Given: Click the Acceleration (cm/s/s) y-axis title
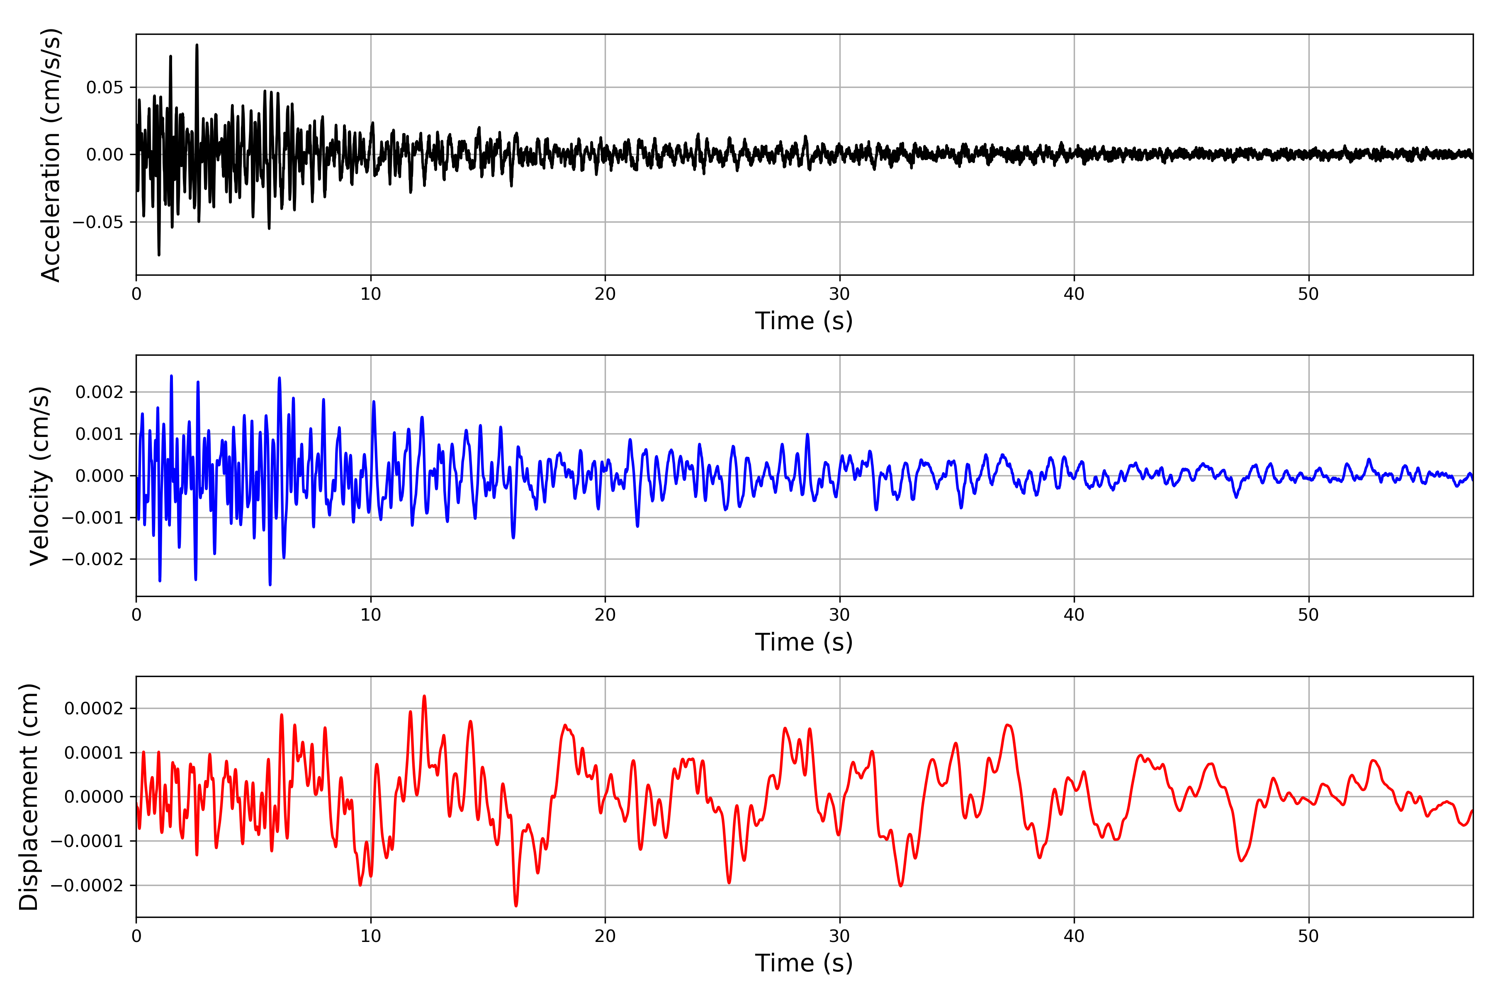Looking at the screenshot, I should pos(50,154).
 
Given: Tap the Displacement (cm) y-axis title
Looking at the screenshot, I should pos(29,796).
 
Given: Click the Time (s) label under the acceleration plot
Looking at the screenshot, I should pos(804,321).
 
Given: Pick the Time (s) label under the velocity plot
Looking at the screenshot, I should pos(804,642).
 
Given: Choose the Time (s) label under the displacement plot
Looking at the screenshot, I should pos(804,963).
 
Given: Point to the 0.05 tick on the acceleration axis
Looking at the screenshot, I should pos(105,87).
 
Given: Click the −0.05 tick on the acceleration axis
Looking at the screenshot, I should pos(98,222).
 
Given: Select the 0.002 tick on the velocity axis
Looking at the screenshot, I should pos(99,392).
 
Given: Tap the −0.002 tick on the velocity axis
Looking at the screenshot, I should pos(92,559).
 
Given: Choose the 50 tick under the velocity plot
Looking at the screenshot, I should pos(1308,615).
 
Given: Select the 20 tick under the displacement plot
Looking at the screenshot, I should pos(605,936).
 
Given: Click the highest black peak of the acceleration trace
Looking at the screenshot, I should pos(197,45).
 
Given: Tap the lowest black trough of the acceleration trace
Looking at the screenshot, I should pos(159,255).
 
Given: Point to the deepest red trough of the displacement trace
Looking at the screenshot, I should pos(516,905).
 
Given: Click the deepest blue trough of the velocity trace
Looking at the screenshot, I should pos(270,585).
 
